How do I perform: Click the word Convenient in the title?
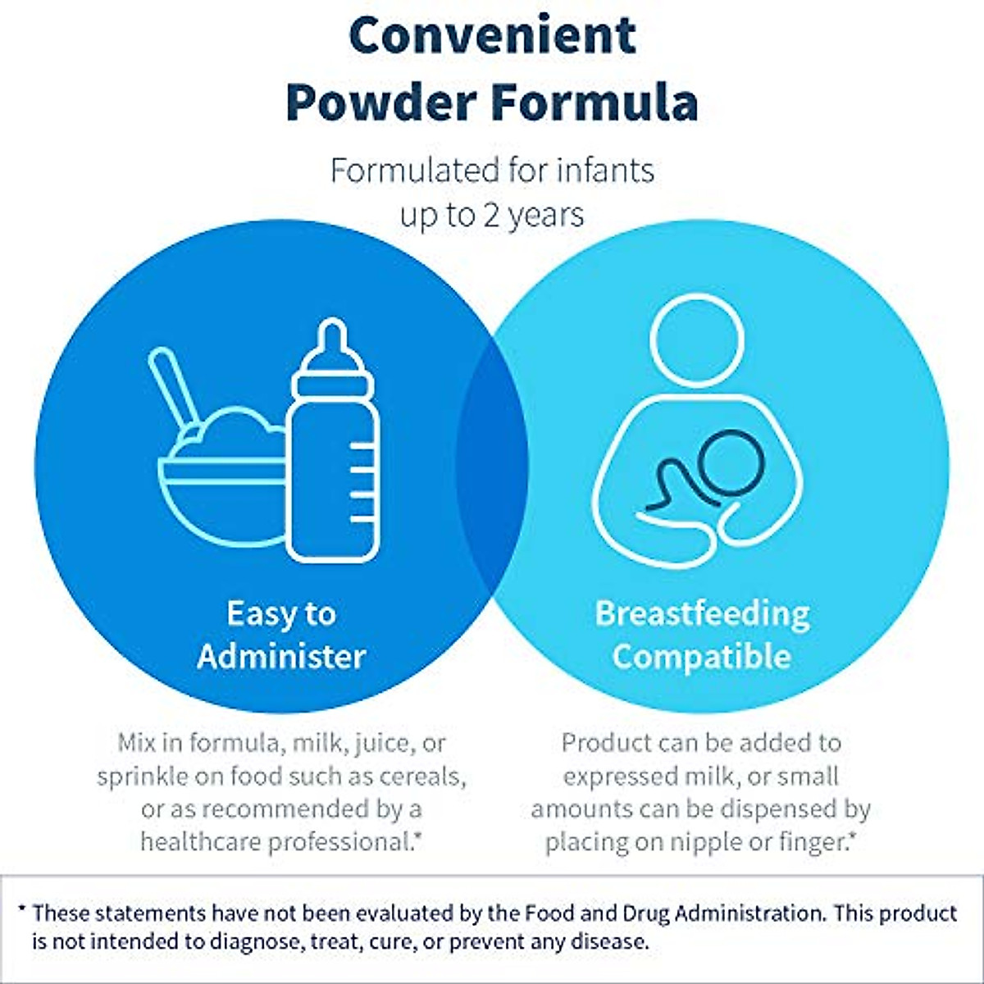492,35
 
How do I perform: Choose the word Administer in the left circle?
281,657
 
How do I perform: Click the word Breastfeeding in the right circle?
702,614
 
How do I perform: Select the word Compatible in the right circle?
701,657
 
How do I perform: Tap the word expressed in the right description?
619,777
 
